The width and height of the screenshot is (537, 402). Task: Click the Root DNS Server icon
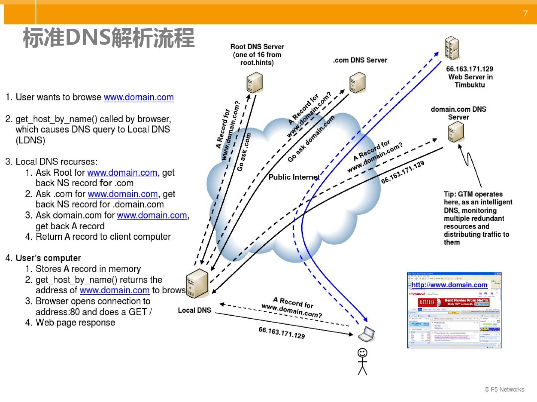pyautogui.click(x=255, y=83)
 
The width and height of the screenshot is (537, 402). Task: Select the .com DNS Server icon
pyautogui.click(x=357, y=82)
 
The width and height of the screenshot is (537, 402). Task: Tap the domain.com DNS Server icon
pyautogui.click(x=456, y=132)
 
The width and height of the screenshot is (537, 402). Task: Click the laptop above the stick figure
pyautogui.click(x=367, y=334)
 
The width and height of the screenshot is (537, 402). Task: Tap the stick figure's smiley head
pyautogui.click(x=362, y=352)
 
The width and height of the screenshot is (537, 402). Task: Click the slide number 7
pyautogui.click(x=525, y=14)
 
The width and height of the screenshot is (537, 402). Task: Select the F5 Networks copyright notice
pyautogui.click(x=504, y=389)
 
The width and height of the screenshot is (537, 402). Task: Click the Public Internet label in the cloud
pyautogui.click(x=294, y=177)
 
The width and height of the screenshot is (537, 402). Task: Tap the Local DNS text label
pyautogui.click(x=194, y=310)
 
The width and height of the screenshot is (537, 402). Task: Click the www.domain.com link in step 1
pyautogui.click(x=139, y=97)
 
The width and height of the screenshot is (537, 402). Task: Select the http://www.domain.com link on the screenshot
pyautogui.click(x=449, y=285)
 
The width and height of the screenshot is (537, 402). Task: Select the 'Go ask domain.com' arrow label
pyautogui.click(x=311, y=139)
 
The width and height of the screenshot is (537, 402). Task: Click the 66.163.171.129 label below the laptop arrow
pyautogui.click(x=282, y=332)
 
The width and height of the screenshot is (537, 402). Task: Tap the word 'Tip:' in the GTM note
pyautogui.click(x=450, y=194)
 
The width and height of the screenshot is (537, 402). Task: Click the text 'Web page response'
pyautogui.click(x=75, y=322)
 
